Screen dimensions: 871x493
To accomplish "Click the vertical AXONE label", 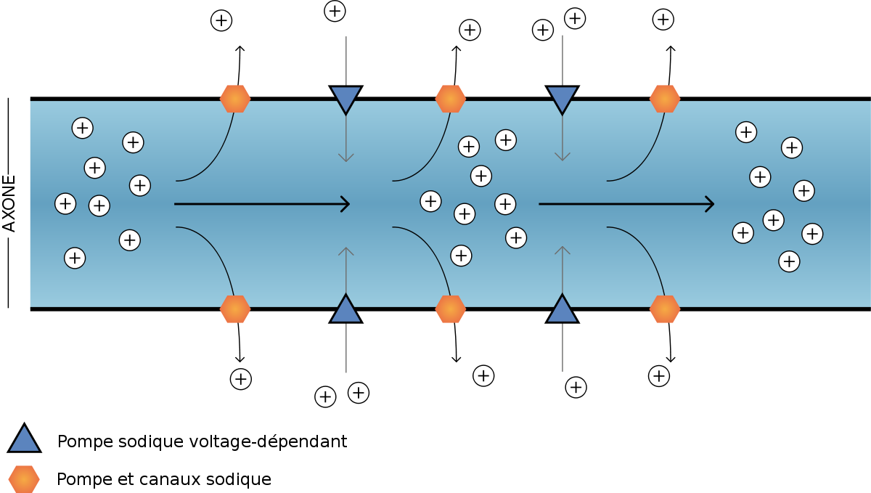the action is click(9, 204).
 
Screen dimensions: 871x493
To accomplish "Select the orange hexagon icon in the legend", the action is click(24, 479).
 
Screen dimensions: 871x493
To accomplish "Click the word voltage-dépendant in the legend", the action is click(268, 441).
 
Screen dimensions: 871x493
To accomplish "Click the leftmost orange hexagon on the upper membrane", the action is click(235, 99).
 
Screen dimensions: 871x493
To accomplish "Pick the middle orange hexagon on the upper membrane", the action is click(450, 99).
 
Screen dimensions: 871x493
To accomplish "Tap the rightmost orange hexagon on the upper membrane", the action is click(665, 99).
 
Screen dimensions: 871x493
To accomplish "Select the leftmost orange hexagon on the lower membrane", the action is click(235, 309).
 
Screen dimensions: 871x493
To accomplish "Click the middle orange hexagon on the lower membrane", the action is click(450, 309).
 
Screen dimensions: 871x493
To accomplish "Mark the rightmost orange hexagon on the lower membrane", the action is click(665, 309).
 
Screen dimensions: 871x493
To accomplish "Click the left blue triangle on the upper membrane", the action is click(346, 97).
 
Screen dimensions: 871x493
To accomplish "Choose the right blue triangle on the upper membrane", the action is click(563, 97).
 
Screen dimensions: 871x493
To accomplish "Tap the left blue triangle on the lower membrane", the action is click(346, 311).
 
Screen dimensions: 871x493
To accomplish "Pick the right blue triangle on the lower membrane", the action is click(563, 311).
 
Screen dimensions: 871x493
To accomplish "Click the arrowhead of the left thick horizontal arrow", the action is click(346, 204).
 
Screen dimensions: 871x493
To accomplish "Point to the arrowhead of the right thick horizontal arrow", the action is click(711, 204).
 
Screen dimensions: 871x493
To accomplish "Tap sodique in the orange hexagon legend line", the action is click(238, 480).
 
